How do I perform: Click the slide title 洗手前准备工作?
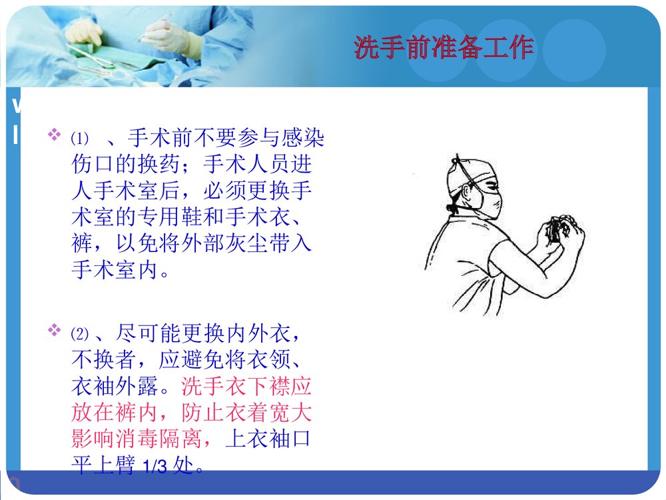(x=444, y=48)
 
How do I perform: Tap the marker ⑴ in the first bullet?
(x=79, y=139)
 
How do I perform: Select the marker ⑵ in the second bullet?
(x=79, y=332)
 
